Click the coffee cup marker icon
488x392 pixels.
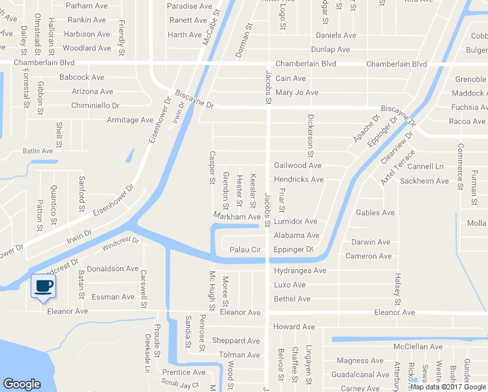coord(43,286)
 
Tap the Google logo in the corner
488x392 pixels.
coord(22,384)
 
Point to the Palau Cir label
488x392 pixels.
coord(245,250)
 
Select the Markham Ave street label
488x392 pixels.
coord(237,216)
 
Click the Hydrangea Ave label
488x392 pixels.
coord(300,270)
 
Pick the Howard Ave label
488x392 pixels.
coord(294,327)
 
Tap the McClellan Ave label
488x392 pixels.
coord(419,346)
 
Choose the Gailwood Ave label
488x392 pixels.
coord(297,165)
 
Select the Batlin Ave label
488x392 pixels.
coord(37,151)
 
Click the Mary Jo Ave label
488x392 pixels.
coord(297,93)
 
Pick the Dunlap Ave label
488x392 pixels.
coord(331,50)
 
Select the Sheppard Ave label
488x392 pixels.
coord(236,340)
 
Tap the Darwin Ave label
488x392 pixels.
coord(371,242)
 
